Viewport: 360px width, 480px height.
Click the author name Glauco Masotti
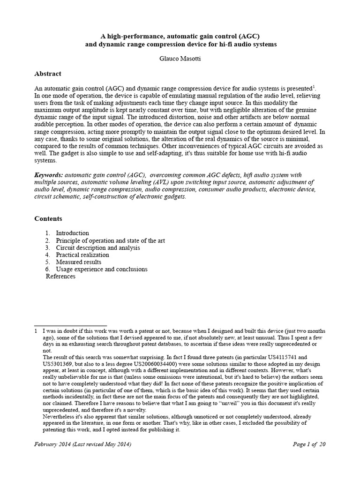tap(180, 59)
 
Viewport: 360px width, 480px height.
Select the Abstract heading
tap(48, 74)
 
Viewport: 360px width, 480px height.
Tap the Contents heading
tap(48, 218)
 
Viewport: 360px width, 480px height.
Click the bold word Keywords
tap(49, 175)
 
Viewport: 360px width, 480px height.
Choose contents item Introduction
tap(72, 233)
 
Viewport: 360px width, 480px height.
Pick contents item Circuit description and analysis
tap(97, 247)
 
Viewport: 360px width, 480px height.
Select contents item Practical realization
tap(82, 255)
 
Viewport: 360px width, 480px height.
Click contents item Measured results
tap(78, 262)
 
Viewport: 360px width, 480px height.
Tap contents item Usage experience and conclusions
tap(101, 269)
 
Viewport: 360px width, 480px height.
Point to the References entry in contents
tap(60, 277)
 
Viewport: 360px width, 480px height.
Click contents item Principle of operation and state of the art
tap(110, 240)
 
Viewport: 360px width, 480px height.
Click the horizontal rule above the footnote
tap(71, 325)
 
